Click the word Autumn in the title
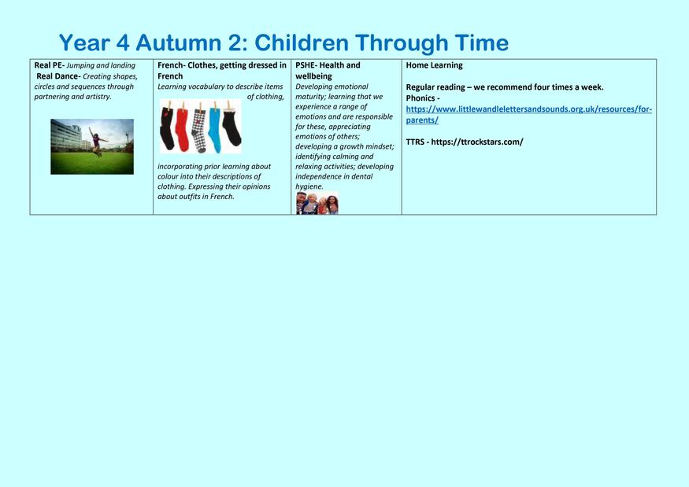pyautogui.click(x=179, y=43)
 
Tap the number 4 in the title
pyautogui.click(x=123, y=43)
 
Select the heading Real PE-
pyautogui.click(x=49, y=65)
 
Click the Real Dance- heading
pyautogui.click(x=58, y=76)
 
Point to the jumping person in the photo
pyautogui.click(x=97, y=141)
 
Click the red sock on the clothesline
pyautogui.click(x=182, y=127)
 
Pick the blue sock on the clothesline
pyautogui.click(x=214, y=128)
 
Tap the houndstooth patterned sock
pyautogui.click(x=198, y=128)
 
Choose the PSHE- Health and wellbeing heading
pyautogui.click(x=328, y=71)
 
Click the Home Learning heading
pyautogui.click(x=434, y=65)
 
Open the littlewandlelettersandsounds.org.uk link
pyautogui.click(x=528, y=115)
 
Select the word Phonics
pyautogui.click(x=420, y=98)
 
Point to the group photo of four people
pyautogui.click(x=317, y=203)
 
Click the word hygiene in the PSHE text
pyautogui.click(x=309, y=186)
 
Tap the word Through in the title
pyautogui.click(x=402, y=43)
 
